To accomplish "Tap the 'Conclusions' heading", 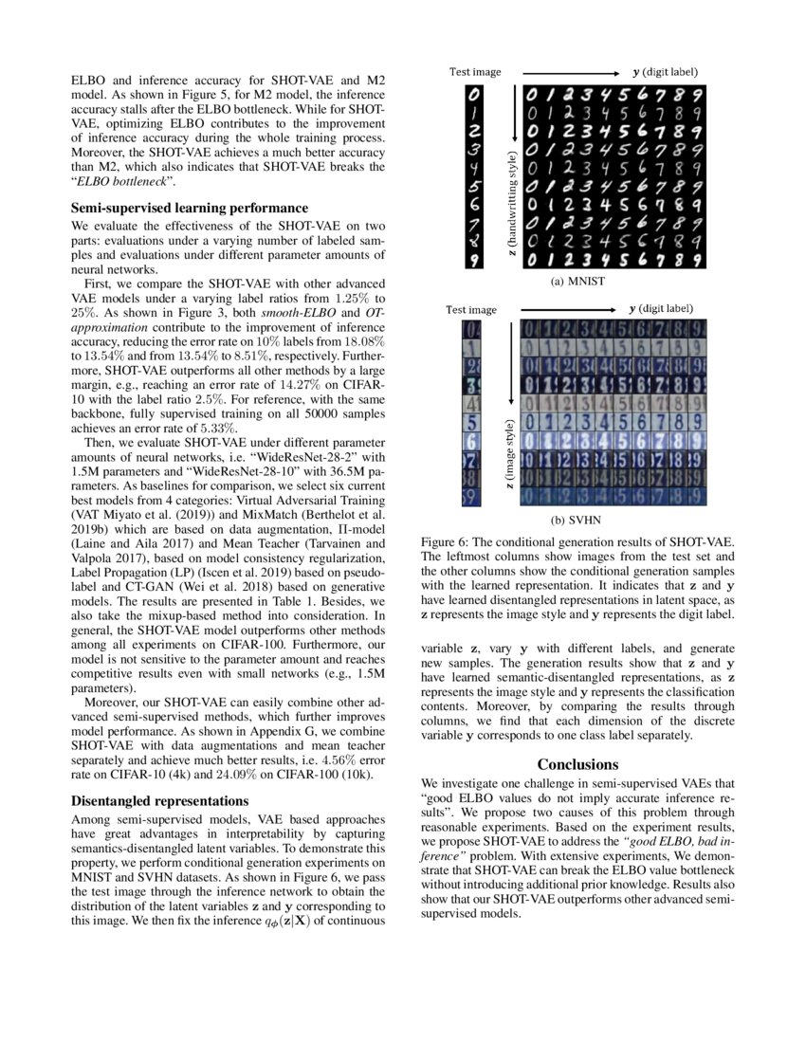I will point(578,764).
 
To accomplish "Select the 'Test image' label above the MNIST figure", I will point(475,71).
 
